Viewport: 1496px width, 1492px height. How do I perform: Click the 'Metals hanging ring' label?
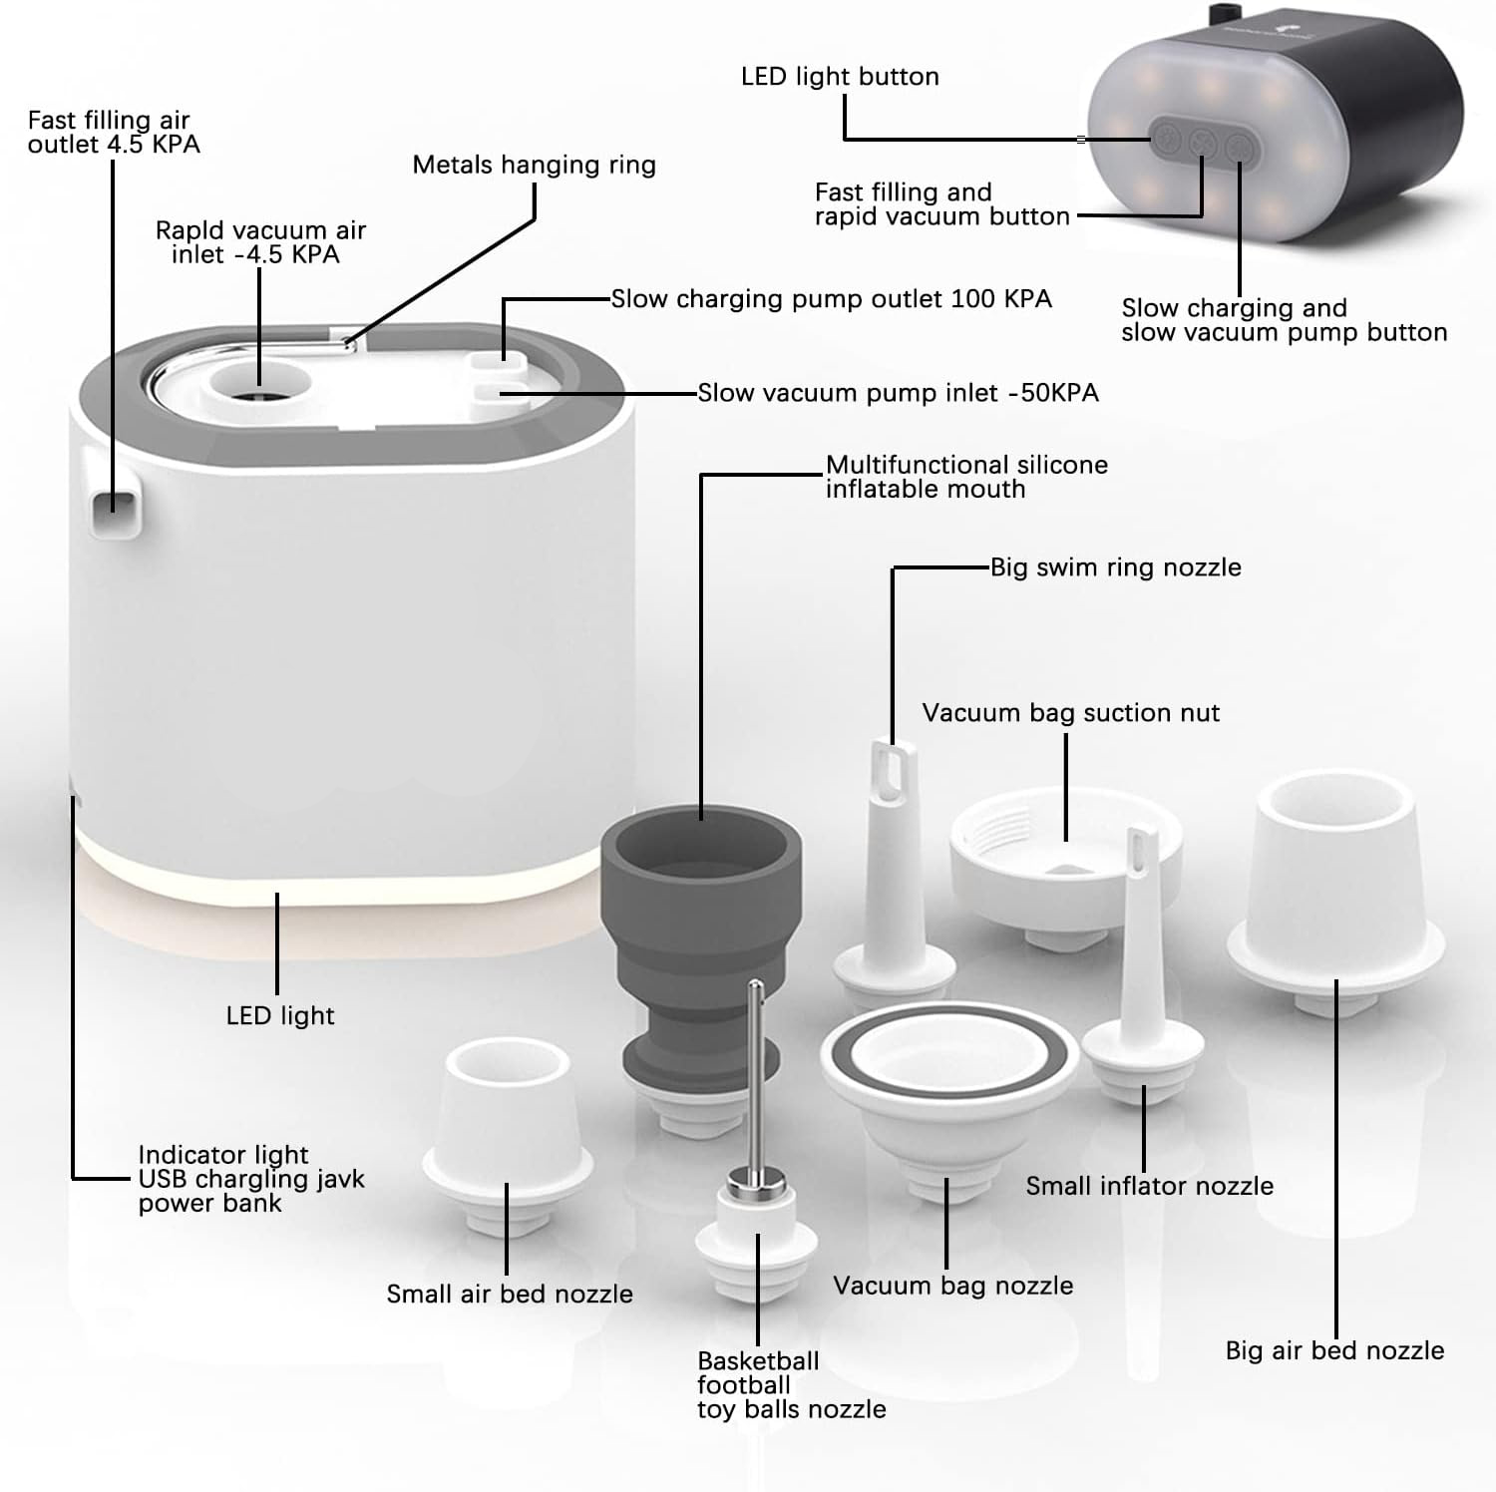click(534, 165)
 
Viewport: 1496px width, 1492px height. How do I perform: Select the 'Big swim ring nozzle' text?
click(1115, 567)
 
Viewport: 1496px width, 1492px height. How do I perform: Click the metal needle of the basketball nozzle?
click(756, 1077)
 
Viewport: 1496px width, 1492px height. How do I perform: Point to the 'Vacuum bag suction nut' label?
click(1070, 713)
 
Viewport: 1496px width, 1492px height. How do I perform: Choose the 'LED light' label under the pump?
click(280, 1015)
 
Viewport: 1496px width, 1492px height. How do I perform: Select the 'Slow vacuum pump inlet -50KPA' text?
click(898, 393)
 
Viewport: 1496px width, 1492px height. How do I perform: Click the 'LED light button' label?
click(840, 77)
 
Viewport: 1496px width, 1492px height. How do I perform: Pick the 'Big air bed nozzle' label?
click(1334, 1350)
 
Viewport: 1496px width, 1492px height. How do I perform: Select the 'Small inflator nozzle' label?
click(1149, 1186)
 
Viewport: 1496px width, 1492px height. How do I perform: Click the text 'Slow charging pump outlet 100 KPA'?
click(831, 299)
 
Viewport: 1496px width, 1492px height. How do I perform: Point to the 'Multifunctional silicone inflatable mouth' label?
click(965, 477)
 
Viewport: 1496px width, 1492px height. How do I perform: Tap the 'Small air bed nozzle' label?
click(510, 1294)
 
